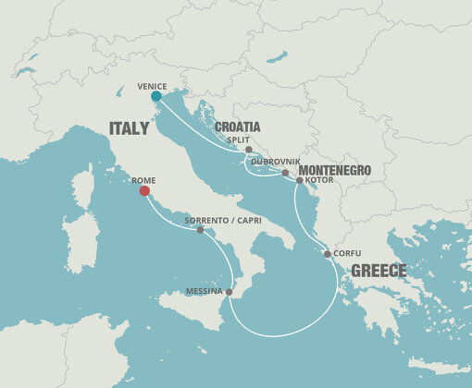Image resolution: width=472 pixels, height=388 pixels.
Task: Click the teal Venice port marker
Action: (155, 96)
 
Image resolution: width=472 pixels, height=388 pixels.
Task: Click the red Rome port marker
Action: (143, 191)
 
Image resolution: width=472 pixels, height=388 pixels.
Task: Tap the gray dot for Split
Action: (249, 150)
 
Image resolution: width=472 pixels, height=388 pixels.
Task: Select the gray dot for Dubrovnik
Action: (285, 173)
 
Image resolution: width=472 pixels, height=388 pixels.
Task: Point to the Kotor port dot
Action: (298, 181)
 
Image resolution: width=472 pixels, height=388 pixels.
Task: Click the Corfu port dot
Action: (327, 254)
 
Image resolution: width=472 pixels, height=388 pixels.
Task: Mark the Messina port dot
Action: (229, 292)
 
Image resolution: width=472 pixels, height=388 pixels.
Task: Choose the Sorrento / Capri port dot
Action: (201, 230)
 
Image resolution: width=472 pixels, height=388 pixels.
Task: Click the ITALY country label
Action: (130, 128)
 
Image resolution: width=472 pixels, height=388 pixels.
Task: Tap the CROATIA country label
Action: (238, 127)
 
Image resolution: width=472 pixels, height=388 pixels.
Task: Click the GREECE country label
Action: (377, 271)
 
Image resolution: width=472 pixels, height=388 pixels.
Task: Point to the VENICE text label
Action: (152, 85)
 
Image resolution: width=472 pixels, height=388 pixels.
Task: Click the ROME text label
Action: (143, 179)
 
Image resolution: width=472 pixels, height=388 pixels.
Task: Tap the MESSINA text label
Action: (204, 292)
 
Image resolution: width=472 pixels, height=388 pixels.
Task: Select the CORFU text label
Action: (345, 254)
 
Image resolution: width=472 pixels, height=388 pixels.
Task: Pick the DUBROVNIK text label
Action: (262, 162)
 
